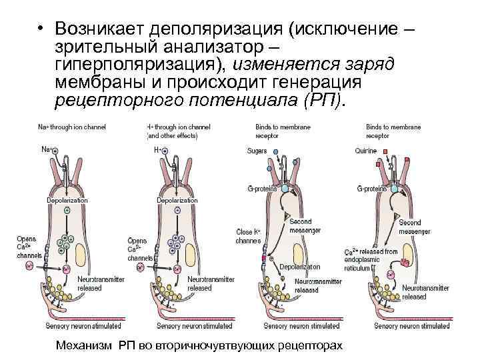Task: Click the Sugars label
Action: tap(257, 151)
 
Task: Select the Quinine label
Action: tap(366, 151)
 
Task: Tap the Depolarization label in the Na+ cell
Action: tap(67, 200)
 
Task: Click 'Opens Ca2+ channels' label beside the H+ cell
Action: tap(139, 249)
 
